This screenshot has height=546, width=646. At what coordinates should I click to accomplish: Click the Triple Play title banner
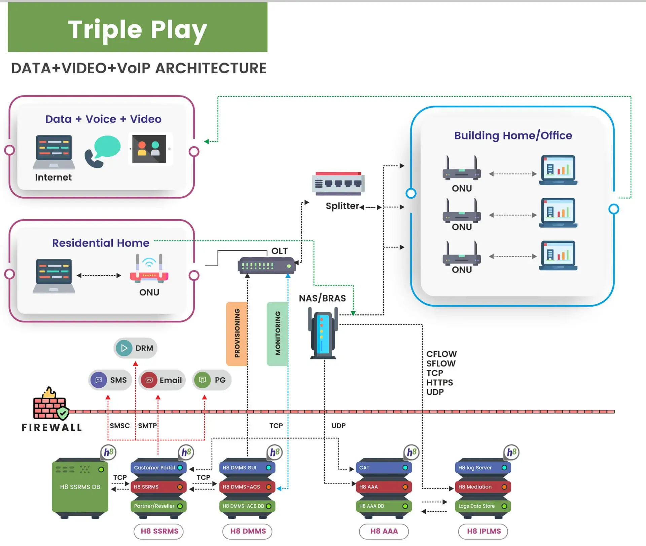137,28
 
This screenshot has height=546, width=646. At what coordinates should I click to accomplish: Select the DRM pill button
135,348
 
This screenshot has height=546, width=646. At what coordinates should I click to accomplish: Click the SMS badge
110,380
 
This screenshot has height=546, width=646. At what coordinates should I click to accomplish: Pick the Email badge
162,380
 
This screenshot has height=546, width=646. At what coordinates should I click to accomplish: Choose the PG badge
212,380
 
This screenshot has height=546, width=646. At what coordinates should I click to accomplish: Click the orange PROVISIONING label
237,333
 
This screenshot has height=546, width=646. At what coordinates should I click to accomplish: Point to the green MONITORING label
278,333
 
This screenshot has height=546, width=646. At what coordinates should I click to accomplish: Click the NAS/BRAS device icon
323,335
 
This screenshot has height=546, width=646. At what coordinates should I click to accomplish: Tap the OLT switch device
266,266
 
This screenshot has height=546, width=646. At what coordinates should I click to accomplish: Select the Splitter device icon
338,184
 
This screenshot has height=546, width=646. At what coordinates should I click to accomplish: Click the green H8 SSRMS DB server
80,487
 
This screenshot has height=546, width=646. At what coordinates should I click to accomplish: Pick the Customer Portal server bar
158,468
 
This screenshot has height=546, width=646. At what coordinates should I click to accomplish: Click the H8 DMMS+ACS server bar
247,487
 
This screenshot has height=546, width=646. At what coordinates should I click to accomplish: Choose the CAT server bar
384,468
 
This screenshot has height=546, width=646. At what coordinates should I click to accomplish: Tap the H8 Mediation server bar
482,487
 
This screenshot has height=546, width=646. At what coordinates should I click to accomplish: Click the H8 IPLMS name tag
483,531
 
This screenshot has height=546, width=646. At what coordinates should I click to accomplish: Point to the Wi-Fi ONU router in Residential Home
149,268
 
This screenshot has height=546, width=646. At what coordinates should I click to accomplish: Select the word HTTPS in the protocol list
439,383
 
